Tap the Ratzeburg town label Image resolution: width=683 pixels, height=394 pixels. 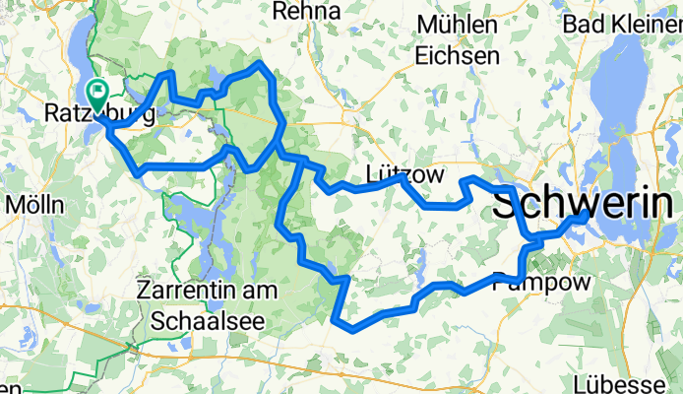click(99, 116)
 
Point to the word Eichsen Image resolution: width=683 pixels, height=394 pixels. click(459, 56)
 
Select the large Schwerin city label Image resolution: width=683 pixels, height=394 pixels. click(587, 205)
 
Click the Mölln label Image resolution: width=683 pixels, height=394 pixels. click(34, 205)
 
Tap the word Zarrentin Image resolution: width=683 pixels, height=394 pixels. click(189, 293)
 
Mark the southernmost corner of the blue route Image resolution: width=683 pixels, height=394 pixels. click(341, 322)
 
